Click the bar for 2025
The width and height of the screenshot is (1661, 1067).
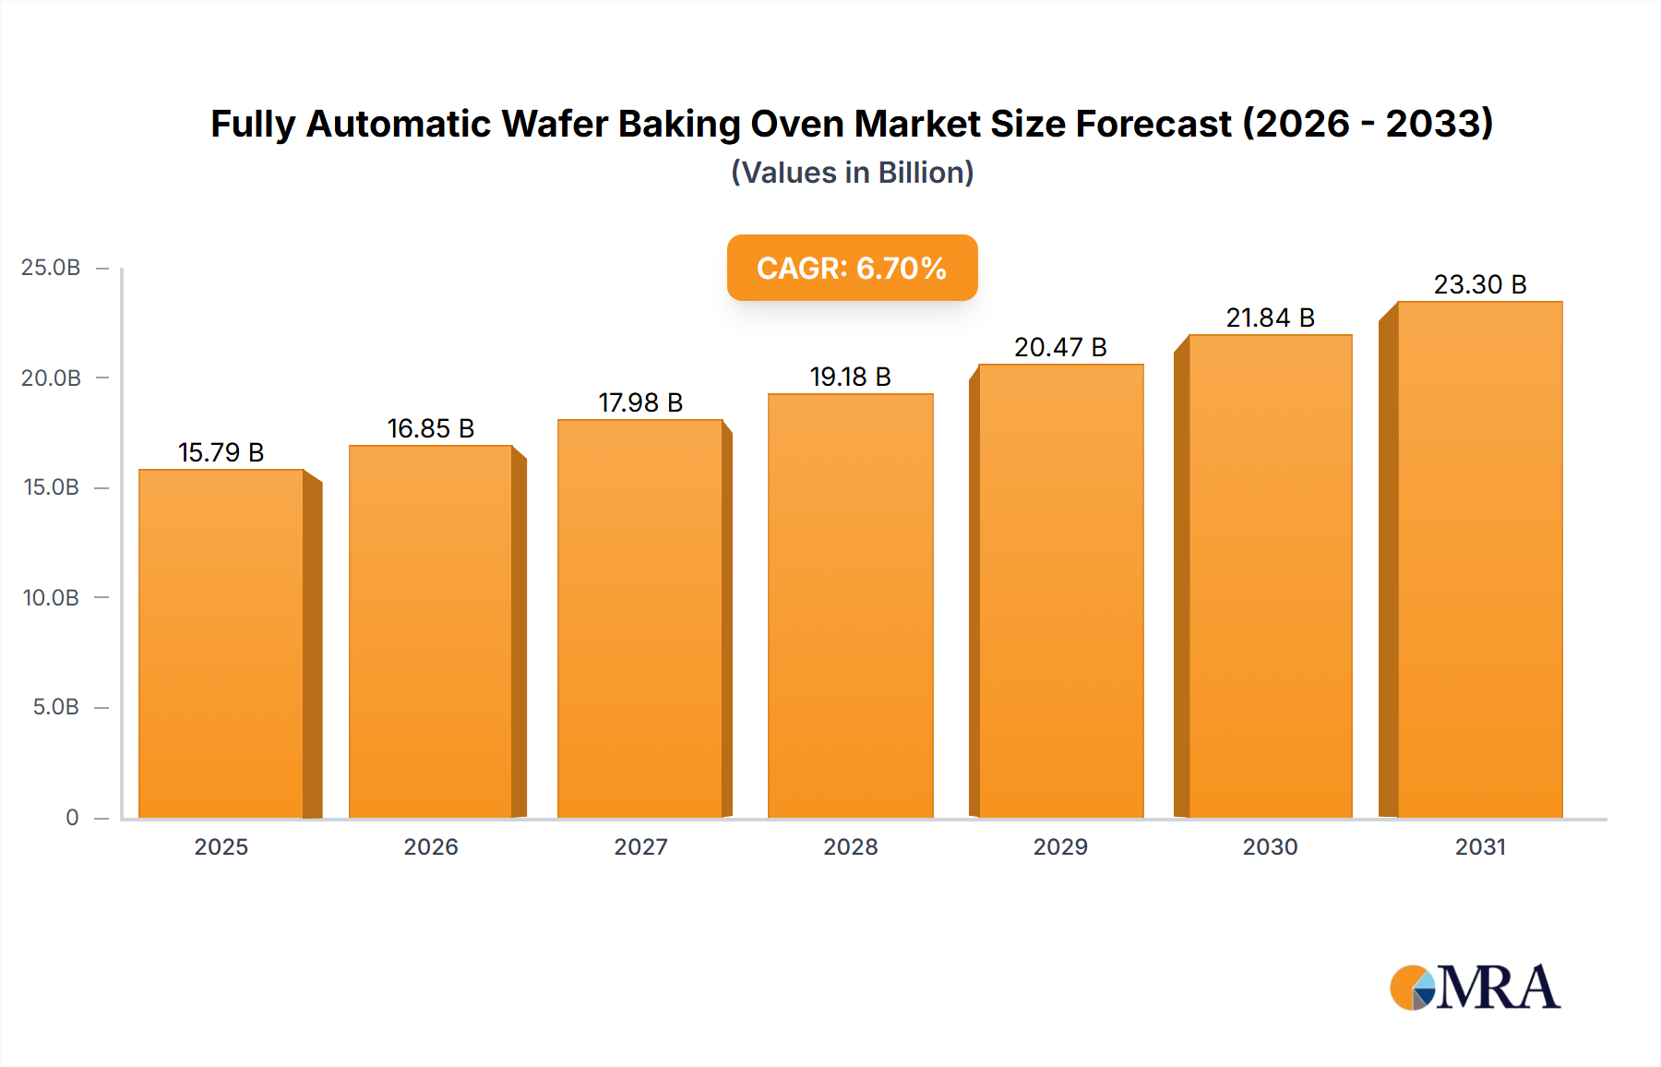coord(221,643)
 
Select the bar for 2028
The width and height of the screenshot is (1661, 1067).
coord(850,605)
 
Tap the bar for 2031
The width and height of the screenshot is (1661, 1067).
coord(1479,559)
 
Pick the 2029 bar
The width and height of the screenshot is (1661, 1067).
coord(1060,591)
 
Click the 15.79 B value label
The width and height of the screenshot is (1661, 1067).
coord(221,452)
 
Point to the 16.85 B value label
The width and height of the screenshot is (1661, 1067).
coord(431,428)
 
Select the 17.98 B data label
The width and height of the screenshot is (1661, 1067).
coord(640,402)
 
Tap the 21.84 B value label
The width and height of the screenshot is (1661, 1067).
coord(1270,318)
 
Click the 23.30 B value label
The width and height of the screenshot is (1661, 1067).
coord(1479,284)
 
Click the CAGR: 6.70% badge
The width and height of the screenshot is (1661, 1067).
coord(852,268)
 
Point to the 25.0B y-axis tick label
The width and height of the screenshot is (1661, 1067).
coord(51,268)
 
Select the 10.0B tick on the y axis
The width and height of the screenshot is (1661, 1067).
coord(51,597)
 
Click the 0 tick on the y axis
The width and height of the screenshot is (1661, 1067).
coord(72,817)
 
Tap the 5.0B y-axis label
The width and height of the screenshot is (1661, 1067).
coord(55,707)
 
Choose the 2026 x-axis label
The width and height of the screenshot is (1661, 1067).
coord(431,846)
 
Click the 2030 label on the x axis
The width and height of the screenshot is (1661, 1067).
coord(1270,846)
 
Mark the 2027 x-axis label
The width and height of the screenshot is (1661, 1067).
coord(640,846)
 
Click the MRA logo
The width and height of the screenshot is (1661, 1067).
coord(1475,988)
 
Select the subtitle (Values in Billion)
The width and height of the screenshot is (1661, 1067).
coord(852,173)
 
